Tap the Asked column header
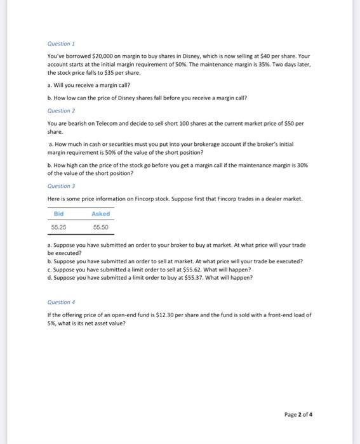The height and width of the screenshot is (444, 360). pyautogui.click(x=101, y=214)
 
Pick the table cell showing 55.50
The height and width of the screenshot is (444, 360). pyautogui.click(x=101, y=226)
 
